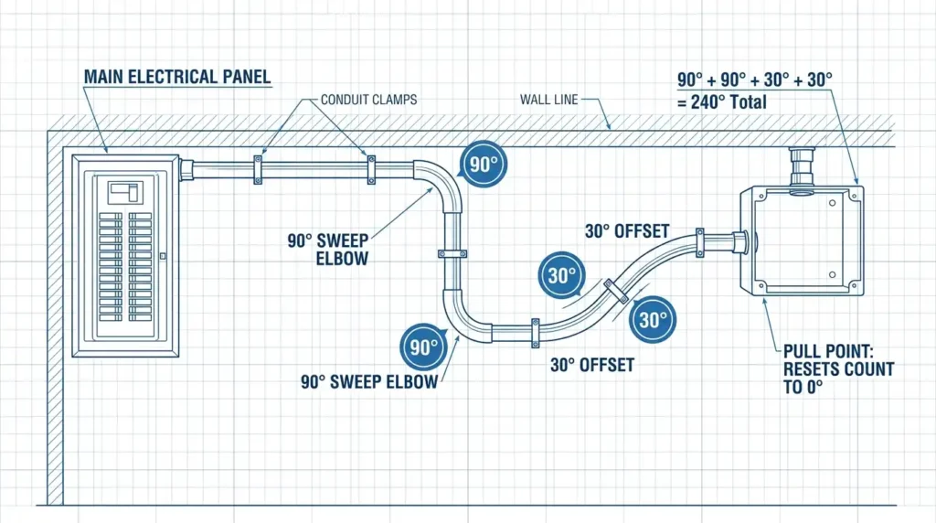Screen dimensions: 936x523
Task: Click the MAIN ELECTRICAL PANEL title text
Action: pos(177,77)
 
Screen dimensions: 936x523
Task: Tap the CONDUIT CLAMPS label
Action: pos(369,100)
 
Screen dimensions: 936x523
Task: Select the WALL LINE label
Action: pos(548,100)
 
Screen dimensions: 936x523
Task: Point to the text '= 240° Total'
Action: pos(722,102)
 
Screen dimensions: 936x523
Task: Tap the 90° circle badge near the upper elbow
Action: pos(484,165)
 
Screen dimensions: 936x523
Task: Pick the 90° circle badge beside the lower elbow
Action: pos(423,347)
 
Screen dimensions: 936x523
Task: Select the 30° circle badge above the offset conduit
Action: pos(561,275)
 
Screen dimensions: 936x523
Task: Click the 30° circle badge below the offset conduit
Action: pos(653,319)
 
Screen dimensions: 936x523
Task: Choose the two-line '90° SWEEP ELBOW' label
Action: pos(328,250)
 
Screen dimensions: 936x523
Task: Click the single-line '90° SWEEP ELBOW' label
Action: pos(369,382)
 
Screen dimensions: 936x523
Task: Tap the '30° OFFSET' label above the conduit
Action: pos(627,231)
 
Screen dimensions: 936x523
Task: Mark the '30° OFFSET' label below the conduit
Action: pos(592,366)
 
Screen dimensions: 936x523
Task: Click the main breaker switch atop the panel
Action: pos(125,193)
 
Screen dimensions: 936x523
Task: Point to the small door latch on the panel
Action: pos(163,256)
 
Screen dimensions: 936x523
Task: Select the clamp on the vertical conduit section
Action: pos(452,254)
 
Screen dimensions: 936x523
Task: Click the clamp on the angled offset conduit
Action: pos(616,292)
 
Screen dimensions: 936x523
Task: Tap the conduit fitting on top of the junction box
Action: pos(801,167)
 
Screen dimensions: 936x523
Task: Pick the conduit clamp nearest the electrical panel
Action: pos(258,170)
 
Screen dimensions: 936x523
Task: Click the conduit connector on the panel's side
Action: pos(186,170)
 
